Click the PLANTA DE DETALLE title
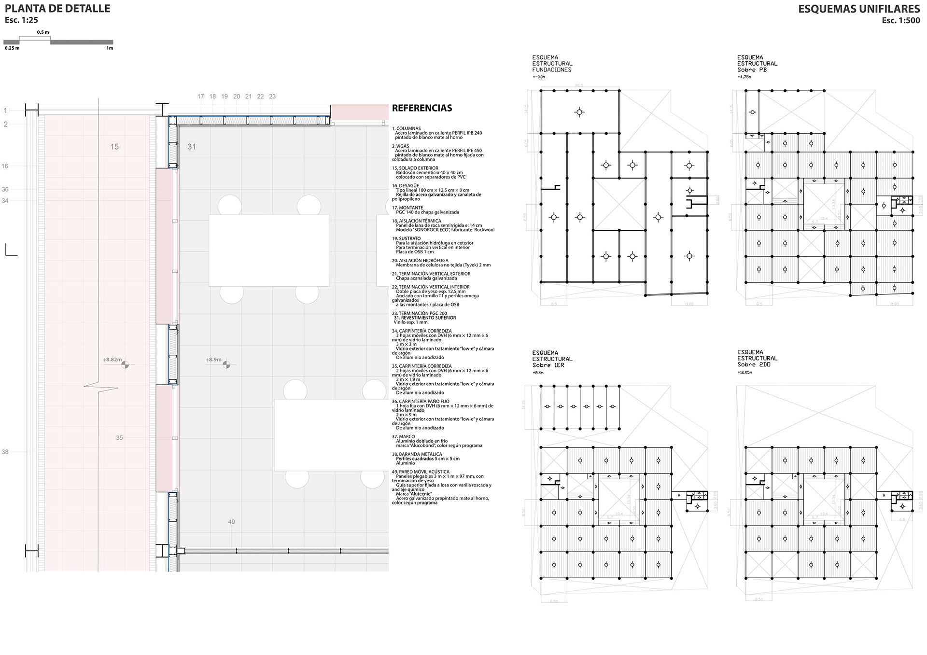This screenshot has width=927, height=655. (x=57, y=9)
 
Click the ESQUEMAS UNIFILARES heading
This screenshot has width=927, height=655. (x=858, y=9)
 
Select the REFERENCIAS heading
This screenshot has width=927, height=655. (x=421, y=108)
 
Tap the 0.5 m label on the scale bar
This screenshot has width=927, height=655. (x=43, y=32)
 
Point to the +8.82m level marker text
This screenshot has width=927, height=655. (x=112, y=360)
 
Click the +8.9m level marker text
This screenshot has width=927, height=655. (x=213, y=360)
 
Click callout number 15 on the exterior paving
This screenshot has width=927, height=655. (x=114, y=147)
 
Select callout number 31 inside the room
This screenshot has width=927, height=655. (x=192, y=147)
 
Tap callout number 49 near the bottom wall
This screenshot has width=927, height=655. (x=231, y=522)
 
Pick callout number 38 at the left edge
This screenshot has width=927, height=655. (x=5, y=452)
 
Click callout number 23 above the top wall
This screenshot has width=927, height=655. (x=272, y=97)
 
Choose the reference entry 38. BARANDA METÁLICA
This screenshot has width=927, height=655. (x=417, y=454)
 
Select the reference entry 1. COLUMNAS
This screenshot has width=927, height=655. (x=407, y=128)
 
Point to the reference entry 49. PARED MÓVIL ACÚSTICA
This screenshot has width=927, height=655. (x=421, y=472)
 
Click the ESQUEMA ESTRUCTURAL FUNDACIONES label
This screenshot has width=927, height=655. (x=552, y=64)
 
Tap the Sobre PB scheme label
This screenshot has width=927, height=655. (x=752, y=70)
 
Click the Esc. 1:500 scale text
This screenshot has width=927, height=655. (x=900, y=20)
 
